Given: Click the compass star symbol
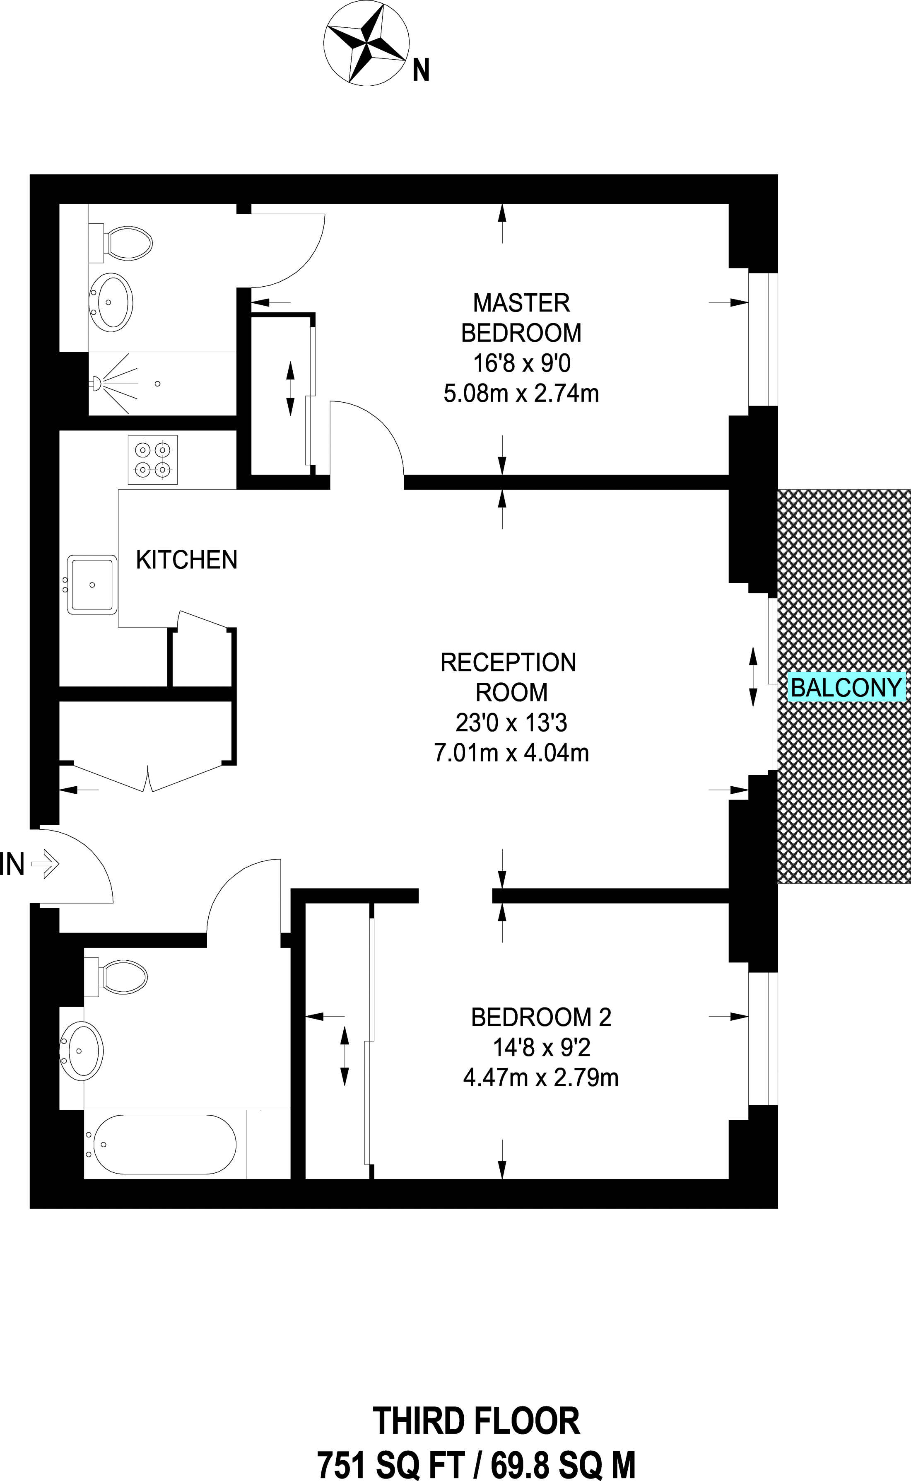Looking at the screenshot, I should point(366,44).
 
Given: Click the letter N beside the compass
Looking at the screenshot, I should point(421,71).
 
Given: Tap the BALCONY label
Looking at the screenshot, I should point(846,688).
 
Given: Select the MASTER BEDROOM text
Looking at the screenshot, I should point(521,318).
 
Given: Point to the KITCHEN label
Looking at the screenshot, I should point(186,560).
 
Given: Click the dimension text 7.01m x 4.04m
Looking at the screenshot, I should point(511,753).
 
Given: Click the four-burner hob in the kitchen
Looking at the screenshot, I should point(152,459).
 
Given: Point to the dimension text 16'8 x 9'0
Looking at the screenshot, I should point(521,363).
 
